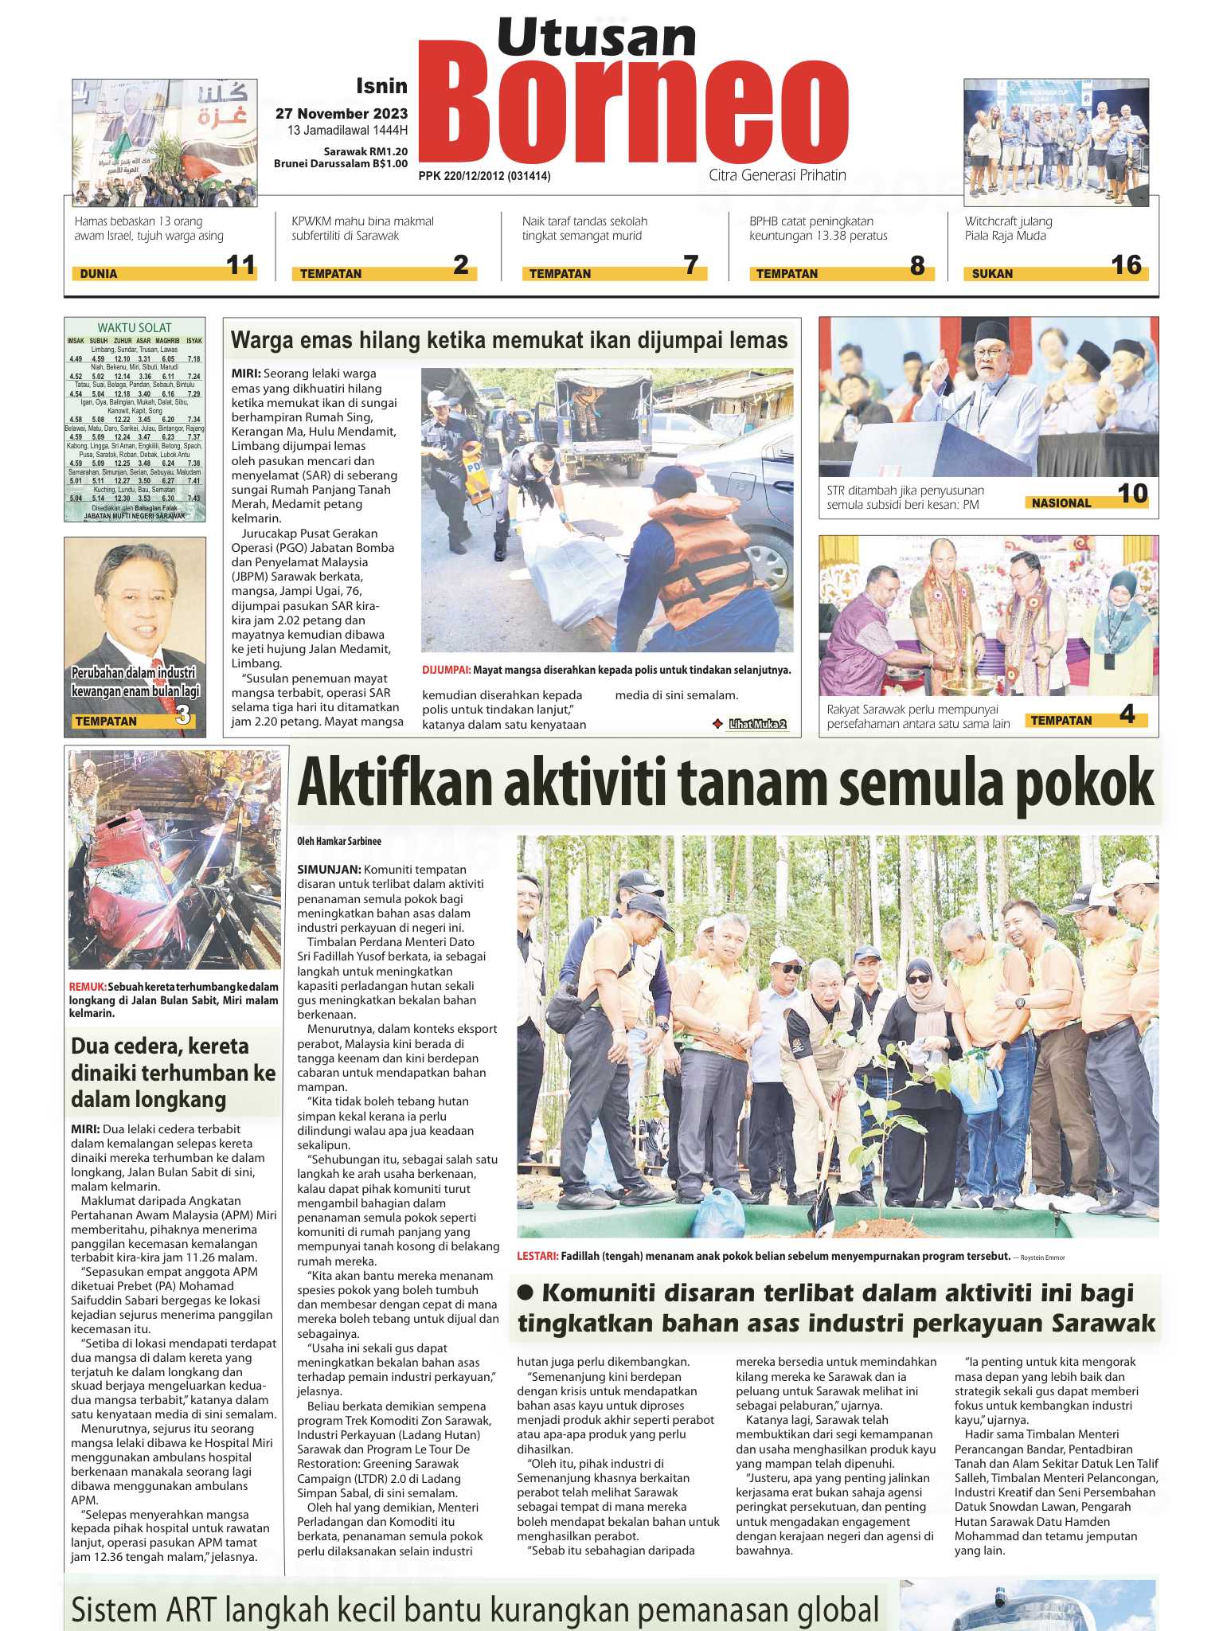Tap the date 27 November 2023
pyautogui.click(x=342, y=114)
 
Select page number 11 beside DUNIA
pyautogui.click(x=240, y=265)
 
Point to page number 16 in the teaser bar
pyautogui.click(x=1126, y=265)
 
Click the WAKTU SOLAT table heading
pyautogui.click(x=135, y=327)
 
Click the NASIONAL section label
pyautogui.click(x=1061, y=503)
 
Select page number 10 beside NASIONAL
pyautogui.click(x=1132, y=495)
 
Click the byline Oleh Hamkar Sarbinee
pyautogui.click(x=339, y=841)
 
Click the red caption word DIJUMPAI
pyautogui.click(x=446, y=671)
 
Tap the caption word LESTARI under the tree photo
pyautogui.click(x=537, y=1257)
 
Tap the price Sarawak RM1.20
pyautogui.click(x=365, y=151)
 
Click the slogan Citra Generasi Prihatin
pyautogui.click(x=777, y=175)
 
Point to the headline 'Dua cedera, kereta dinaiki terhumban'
pyautogui.click(x=173, y=1072)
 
